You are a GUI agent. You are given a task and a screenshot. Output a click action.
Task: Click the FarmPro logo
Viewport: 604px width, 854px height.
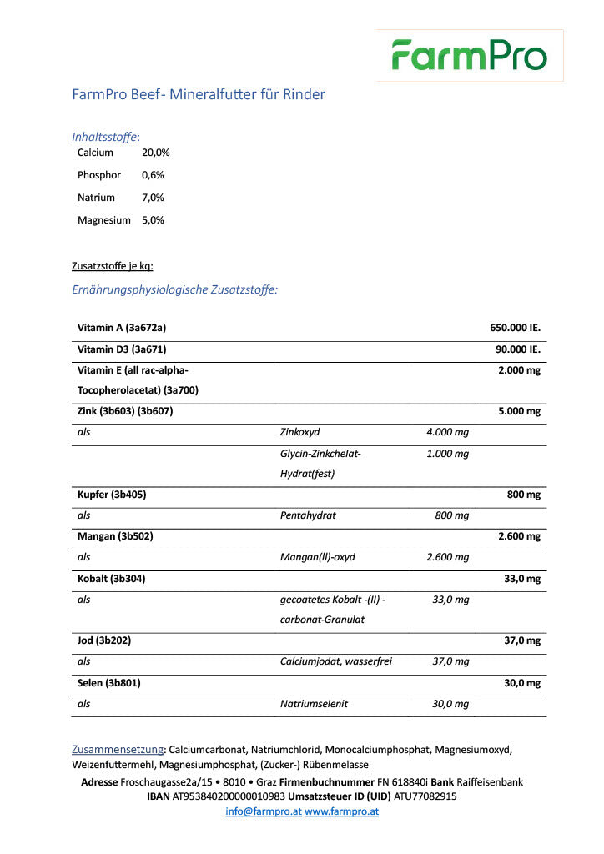click(x=470, y=55)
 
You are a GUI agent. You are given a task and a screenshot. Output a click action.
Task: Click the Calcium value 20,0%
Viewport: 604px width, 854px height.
click(x=156, y=153)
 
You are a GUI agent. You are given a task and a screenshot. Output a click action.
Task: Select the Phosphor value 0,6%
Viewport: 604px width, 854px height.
click(x=153, y=175)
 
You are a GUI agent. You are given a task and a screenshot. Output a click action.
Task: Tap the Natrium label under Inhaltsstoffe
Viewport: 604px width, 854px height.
click(x=96, y=198)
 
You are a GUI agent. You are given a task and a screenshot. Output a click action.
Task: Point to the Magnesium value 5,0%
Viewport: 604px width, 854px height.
click(x=153, y=220)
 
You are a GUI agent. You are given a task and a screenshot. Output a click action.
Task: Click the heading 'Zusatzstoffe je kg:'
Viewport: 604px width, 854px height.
click(x=113, y=267)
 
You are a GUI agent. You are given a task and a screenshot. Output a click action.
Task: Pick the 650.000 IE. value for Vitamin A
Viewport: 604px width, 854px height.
click(x=515, y=328)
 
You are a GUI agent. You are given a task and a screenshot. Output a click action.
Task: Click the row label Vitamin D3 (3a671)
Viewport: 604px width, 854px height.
click(x=116, y=349)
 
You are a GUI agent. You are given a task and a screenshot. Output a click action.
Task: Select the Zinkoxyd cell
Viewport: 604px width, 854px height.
click(x=300, y=432)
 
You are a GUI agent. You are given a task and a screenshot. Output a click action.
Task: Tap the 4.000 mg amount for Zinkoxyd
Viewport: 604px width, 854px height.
click(x=447, y=432)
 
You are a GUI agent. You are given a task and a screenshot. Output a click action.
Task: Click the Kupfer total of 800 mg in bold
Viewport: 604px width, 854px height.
click(x=524, y=495)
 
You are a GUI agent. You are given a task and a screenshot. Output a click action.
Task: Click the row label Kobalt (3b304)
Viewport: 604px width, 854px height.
click(x=111, y=578)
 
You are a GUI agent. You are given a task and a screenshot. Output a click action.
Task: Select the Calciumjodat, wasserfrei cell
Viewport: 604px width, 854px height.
click(x=336, y=661)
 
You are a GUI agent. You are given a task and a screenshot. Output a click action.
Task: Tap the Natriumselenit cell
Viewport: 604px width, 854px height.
click(x=315, y=704)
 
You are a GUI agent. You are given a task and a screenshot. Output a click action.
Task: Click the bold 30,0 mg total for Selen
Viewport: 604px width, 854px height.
click(x=522, y=682)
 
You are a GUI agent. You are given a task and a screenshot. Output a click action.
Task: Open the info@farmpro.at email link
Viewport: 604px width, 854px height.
click(x=264, y=811)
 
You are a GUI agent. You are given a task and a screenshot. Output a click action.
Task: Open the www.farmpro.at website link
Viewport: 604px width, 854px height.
click(x=341, y=811)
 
